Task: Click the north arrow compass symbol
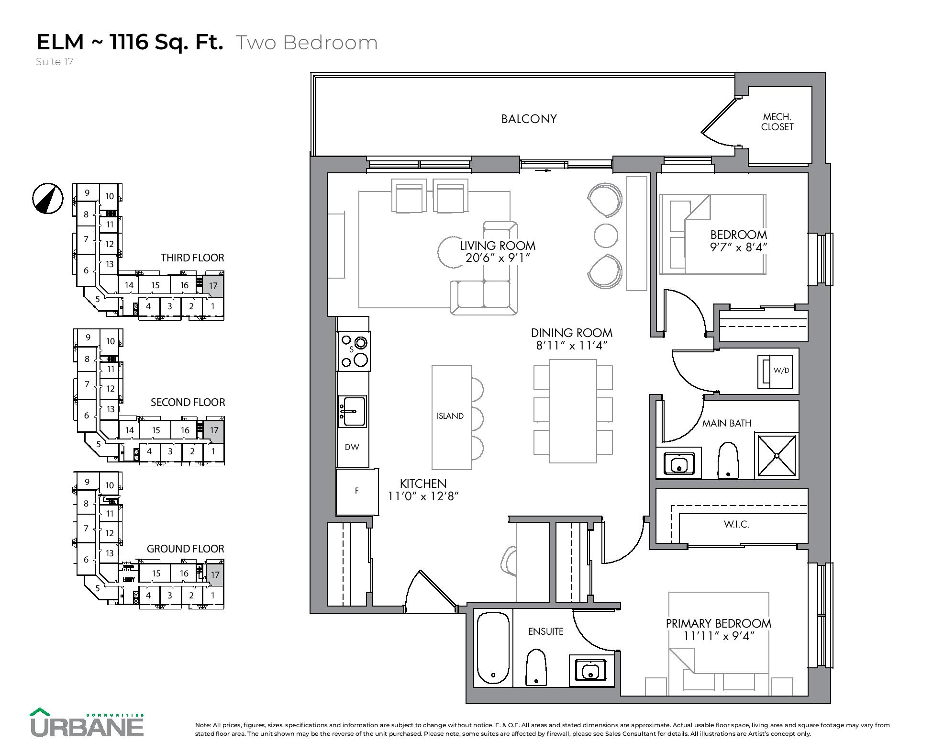[48, 198]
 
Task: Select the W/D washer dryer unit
[775, 371]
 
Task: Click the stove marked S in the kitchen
[354, 351]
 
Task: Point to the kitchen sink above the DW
[352, 411]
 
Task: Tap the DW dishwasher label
[352, 447]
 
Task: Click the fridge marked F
[357, 492]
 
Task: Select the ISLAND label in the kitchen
[450, 416]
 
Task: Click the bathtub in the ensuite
[493, 648]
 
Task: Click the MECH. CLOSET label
[777, 122]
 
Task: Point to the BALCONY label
[529, 119]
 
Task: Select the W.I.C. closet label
[736, 524]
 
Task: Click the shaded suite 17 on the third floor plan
[213, 286]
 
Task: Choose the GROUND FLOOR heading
[185, 549]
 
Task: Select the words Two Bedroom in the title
[307, 43]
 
